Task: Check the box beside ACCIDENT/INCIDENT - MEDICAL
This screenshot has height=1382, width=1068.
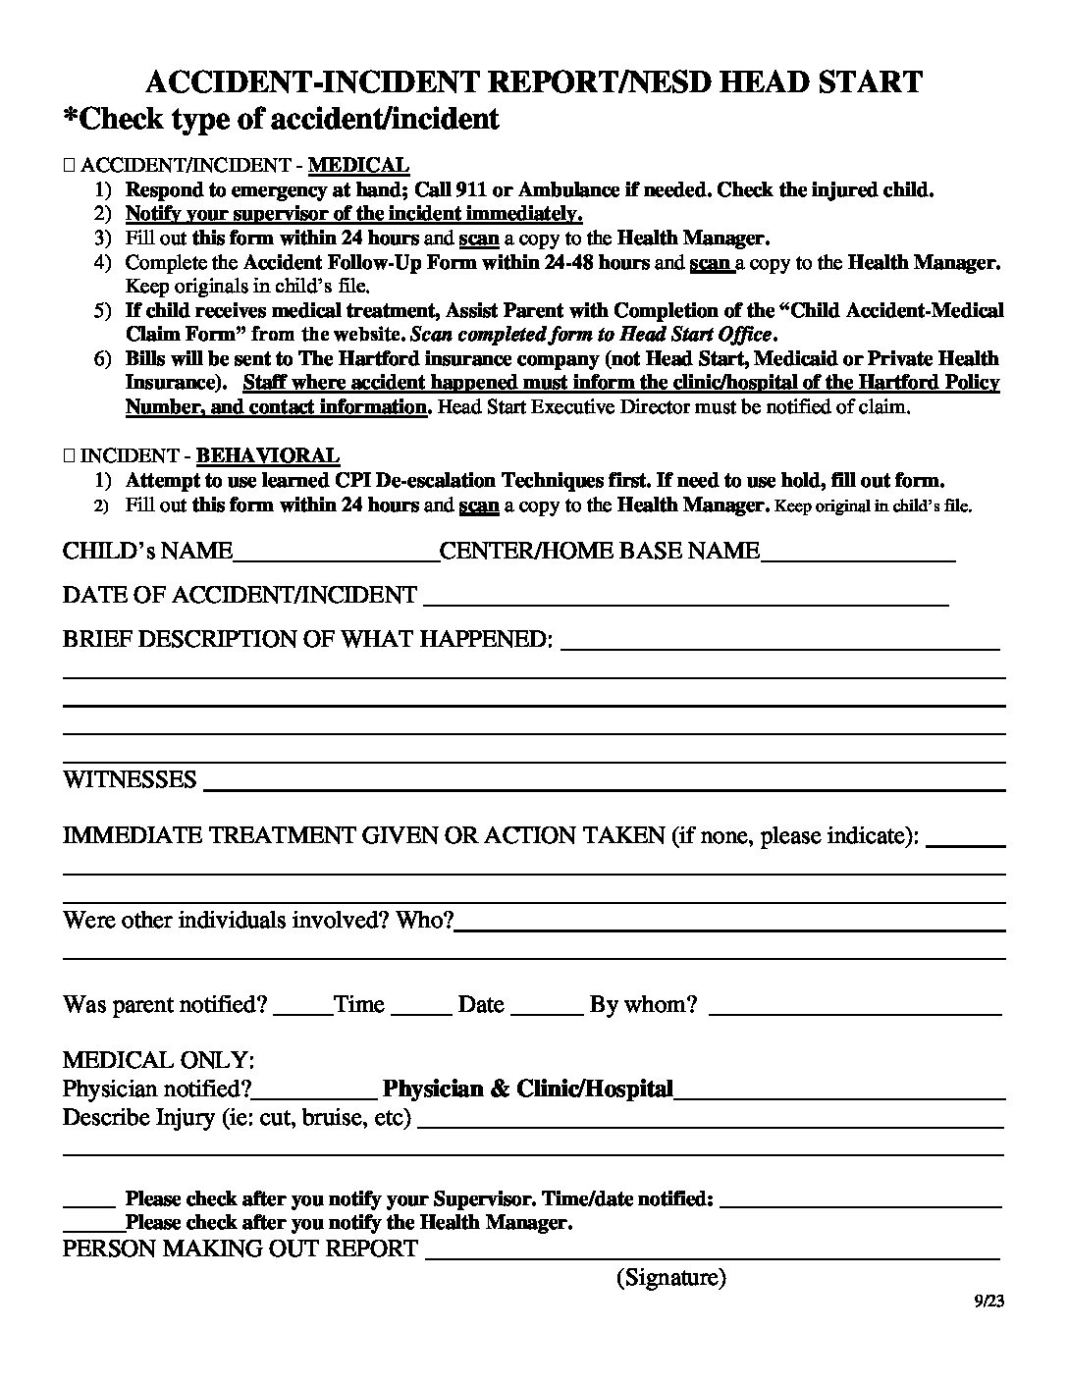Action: [x=68, y=166]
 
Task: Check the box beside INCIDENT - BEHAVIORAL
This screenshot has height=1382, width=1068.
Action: [x=68, y=456]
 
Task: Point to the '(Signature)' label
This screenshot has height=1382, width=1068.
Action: [x=671, y=1277]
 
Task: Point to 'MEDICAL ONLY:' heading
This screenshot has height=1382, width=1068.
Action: [x=159, y=1060]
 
